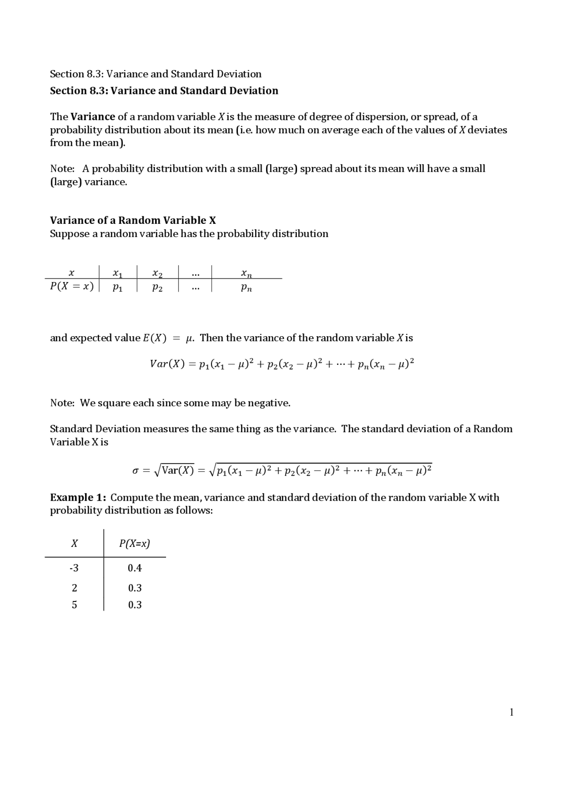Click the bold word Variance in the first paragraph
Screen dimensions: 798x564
pyautogui.click(x=93, y=117)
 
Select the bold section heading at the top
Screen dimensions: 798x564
pyautogui.click(x=164, y=91)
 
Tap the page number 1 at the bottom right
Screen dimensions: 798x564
pyautogui.click(x=512, y=713)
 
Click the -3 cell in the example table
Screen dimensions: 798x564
pyautogui.click(x=74, y=568)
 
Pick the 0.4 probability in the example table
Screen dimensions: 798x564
pyautogui.click(x=135, y=568)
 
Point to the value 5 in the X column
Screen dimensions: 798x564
pyautogui.click(x=74, y=605)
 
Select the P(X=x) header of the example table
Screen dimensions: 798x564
pyautogui.click(x=134, y=543)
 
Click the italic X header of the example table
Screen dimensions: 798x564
pyautogui.click(x=74, y=543)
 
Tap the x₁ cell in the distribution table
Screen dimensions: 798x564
pyautogui.click(x=118, y=274)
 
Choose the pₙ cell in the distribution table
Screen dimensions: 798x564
pyautogui.click(x=246, y=288)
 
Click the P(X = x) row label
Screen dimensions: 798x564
pyautogui.click(x=72, y=286)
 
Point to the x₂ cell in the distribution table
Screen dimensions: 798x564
pyautogui.click(x=157, y=274)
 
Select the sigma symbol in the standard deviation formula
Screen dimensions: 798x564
pyautogui.click(x=136, y=471)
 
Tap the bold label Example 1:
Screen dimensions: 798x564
pyautogui.click(x=78, y=497)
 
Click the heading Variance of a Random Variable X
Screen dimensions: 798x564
pyautogui.click(x=133, y=220)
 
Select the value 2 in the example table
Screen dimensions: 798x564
pyautogui.click(x=74, y=588)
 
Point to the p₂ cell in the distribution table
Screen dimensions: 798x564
pyautogui.click(x=157, y=288)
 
